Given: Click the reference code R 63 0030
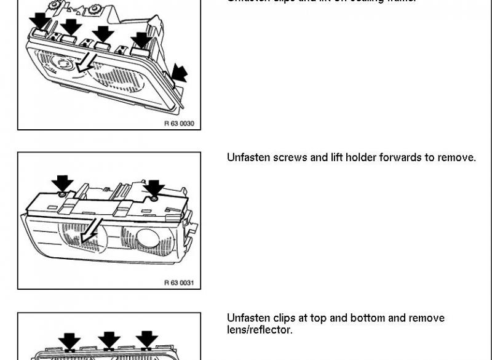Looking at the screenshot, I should point(179,124).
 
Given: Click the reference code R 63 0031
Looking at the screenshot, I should point(179,283).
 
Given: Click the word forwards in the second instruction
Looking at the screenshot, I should point(407,158).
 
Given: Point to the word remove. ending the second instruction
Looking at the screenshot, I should point(456,158).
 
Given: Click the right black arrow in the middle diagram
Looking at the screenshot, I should point(153,188).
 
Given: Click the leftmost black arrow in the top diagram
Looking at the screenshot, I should point(41,21).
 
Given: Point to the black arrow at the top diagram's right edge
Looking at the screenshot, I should point(179,73).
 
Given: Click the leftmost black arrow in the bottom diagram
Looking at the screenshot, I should point(69,341).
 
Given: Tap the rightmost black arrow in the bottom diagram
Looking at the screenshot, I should point(147,339).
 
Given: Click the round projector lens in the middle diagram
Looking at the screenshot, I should point(148,238).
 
